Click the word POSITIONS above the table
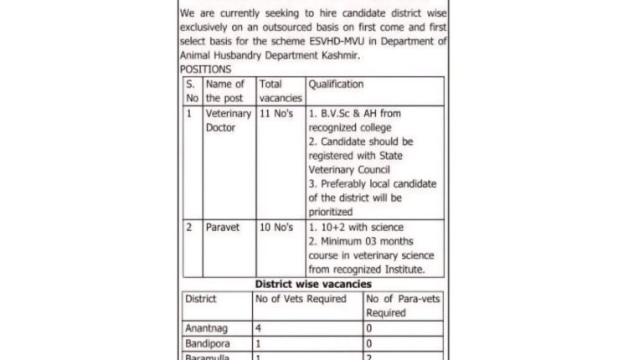click(x=205, y=69)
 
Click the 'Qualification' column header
click(x=336, y=85)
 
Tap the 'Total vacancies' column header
click(x=280, y=91)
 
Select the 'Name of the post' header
click(x=225, y=91)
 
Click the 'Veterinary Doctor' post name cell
click(x=228, y=120)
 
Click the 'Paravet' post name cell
click(x=223, y=227)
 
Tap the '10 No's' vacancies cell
click(x=277, y=227)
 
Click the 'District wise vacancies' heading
click(x=313, y=285)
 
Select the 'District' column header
click(x=202, y=299)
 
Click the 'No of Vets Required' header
click(x=301, y=299)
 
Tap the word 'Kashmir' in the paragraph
click(x=362, y=56)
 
